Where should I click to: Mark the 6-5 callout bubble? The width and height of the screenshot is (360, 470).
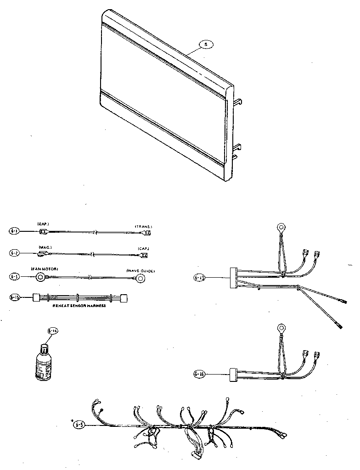pos(79,425)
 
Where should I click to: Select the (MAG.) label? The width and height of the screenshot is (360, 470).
pos(45,247)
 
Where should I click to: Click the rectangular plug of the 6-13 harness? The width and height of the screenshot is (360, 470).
pos(231,277)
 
